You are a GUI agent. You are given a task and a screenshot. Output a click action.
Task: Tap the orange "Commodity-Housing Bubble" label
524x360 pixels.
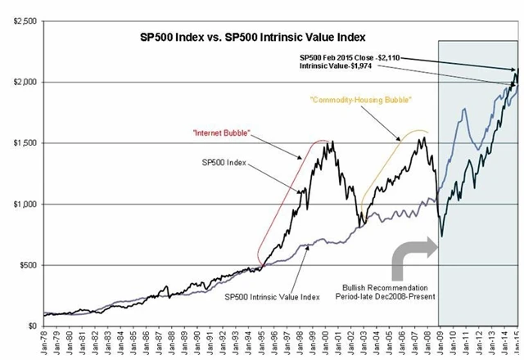pyautogui.click(x=358, y=100)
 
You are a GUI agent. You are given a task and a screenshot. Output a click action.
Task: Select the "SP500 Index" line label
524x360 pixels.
pyautogui.click(x=224, y=163)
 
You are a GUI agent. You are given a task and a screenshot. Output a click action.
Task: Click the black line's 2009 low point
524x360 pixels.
pyautogui.click(x=442, y=236)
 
